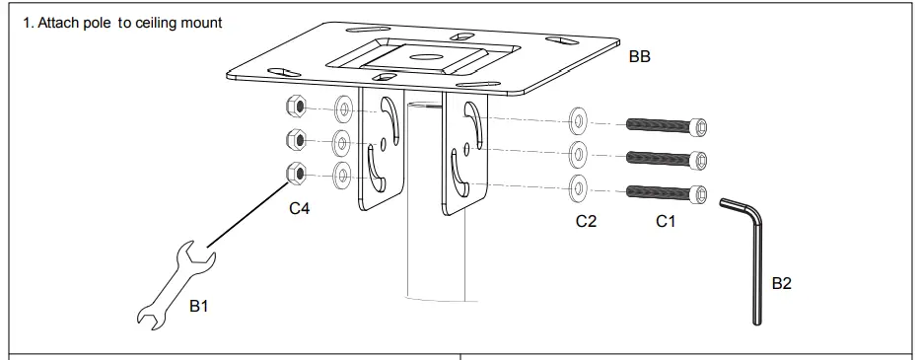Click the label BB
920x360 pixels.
coord(639,58)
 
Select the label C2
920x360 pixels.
coord(586,222)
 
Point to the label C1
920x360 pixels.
coord(666,222)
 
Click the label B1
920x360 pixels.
coord(199,307)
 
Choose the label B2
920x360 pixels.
coord(781,283)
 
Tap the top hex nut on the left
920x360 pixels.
coord(295,106)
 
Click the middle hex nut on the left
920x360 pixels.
coord(295,138)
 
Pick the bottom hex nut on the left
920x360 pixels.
coord(295,174)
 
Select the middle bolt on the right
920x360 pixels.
coord(668,158)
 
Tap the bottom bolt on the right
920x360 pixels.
coord(668,191)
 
